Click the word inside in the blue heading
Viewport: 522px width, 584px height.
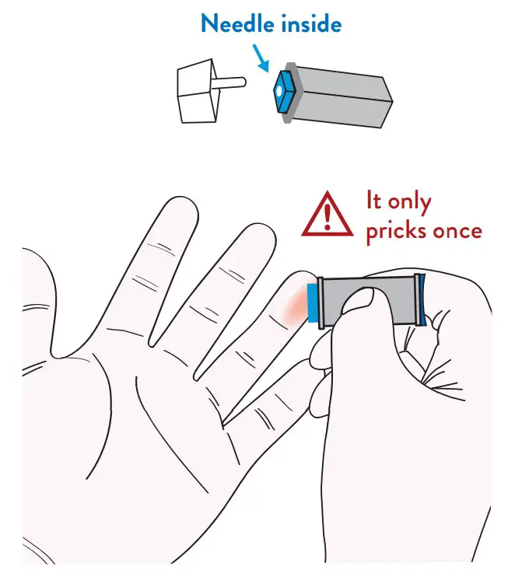pyautogui.click(x=311, y=24)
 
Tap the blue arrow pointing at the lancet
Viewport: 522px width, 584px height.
pyautogui.click(x=261, y=58)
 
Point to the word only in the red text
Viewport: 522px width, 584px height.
pyautogui.click(x=409, y=203)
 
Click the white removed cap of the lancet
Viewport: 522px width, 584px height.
pyautogui.click(x=198, y=91)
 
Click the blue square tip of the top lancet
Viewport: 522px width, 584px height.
pyautogui.click(x=285, y=90)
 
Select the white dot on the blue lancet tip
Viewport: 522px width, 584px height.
pyautogui.click(x=279, y=90)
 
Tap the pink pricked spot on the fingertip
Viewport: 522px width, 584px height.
pyautogui.click(x=296, y=305)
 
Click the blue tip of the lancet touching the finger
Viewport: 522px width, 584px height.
pyautogui.click(x=312, y=302)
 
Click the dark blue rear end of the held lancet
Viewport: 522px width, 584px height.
pyautogui.click(x=422, y=299)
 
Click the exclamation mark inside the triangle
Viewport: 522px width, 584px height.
pyautogui.click(x=328, y=217)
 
